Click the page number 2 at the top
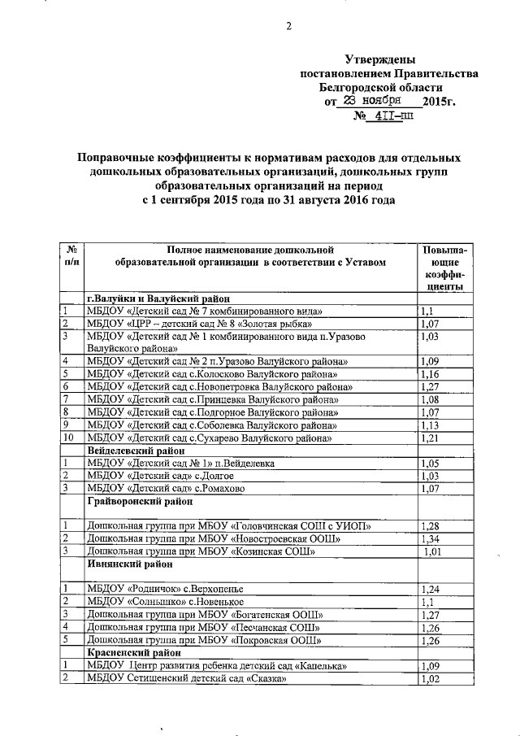(288, 26)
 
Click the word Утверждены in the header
(379, 60)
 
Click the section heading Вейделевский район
(133, 450)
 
